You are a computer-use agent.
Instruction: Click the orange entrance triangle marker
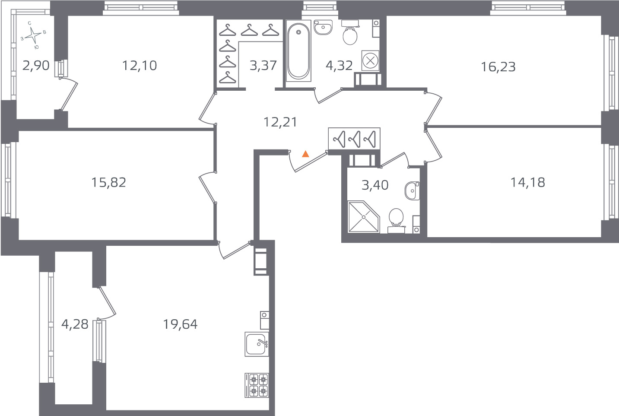(x=305, y=154)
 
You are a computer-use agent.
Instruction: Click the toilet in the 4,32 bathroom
(x=350, y=35)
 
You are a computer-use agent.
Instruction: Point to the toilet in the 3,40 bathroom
(x=396, y=217)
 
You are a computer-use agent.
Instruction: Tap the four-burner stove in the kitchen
(x=257, y=385)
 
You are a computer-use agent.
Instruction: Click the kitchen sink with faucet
(x=257, y=344)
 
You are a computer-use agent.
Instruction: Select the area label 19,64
(x=180, y=324)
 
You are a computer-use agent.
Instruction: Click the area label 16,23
(x=498, y=67)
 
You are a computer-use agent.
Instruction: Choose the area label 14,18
(x=527, y=182)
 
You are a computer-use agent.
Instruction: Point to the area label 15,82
(x=108, y=182)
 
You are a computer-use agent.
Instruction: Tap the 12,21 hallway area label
(x=280, y=122)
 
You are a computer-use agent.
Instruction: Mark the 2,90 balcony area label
(x=36, y=66)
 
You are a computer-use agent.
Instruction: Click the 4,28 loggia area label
(x=75, y=324)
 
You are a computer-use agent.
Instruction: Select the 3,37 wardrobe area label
(x=263, y=66)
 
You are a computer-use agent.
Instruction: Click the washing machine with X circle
(x=370, y=60)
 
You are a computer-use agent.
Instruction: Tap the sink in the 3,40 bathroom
(x=412, y=191)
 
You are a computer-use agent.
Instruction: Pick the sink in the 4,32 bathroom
(x=323, y=27)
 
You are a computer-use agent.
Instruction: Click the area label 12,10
(x=139, y=66)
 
